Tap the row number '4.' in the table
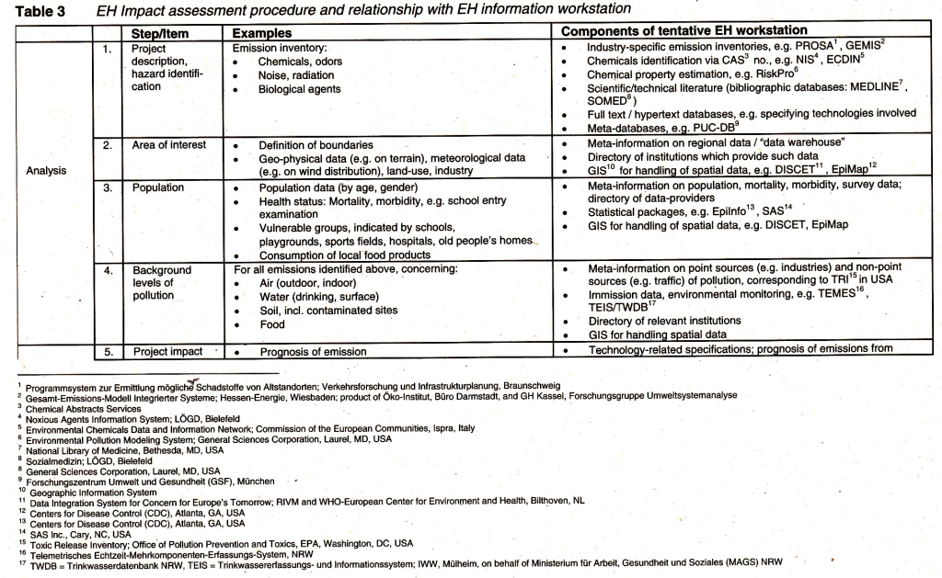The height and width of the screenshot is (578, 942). click(x=109, y=270)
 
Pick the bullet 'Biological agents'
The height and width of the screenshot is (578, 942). click(x=299, y=89)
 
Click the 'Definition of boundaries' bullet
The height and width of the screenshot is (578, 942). click(x=316, y=145)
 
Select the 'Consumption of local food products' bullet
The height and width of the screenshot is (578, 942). click(x=345, y=255)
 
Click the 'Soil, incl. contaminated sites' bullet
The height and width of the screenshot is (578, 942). click(x=327, y=310)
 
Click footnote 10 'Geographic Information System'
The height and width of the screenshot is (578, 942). click(x=91, y=492)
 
